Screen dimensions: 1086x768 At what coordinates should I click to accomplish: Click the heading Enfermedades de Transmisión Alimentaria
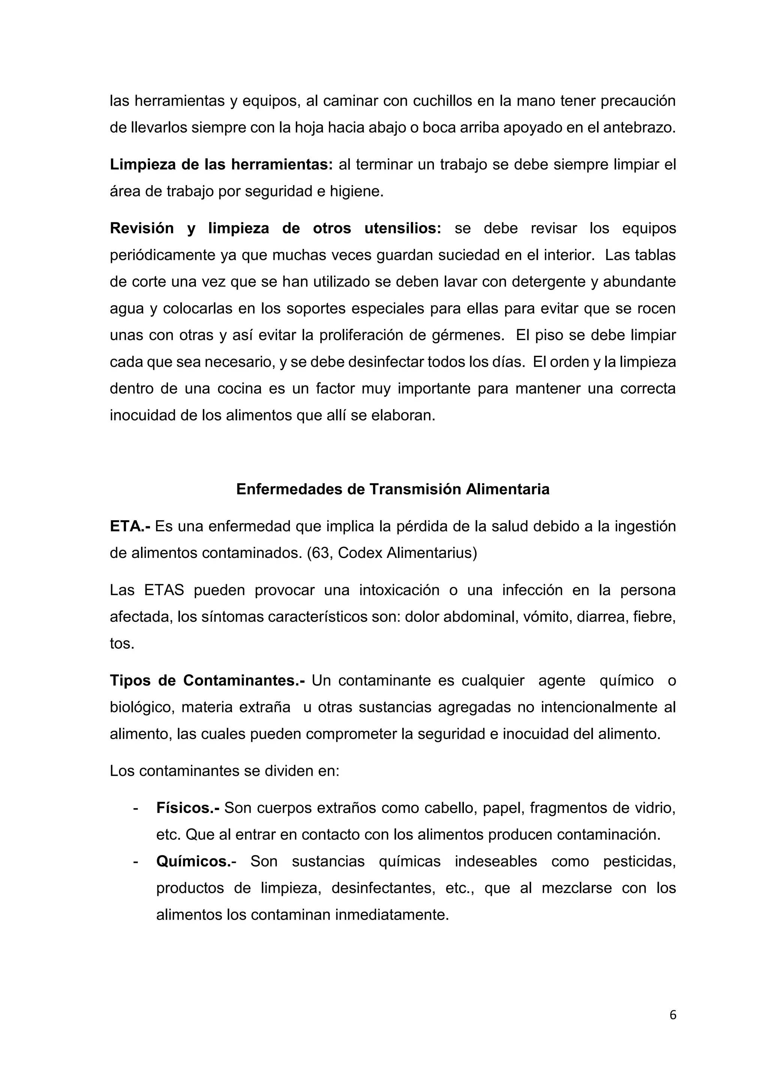(x=393, y=489)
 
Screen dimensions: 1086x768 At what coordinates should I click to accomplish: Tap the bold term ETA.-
(x=130, y=526)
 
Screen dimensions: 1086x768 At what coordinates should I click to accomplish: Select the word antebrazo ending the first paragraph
(x=636, y=128)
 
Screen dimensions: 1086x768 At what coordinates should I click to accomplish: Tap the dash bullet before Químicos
(x=136, y=861)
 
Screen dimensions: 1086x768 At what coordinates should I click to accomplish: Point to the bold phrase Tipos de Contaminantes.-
(x=207, y=681)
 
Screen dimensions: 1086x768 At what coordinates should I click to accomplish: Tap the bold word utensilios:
(x=402, y=228)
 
